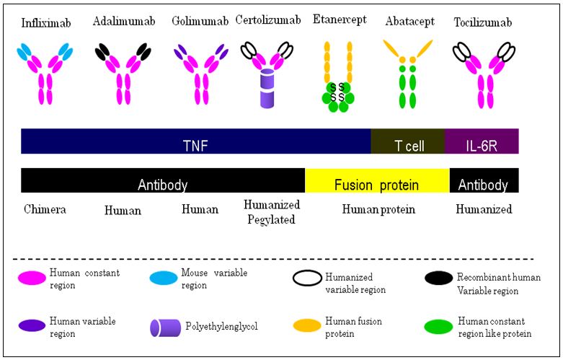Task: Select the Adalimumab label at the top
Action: [122, 21]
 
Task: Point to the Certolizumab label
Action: [267, 21]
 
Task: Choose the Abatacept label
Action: [409, 22]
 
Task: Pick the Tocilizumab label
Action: [483, 22]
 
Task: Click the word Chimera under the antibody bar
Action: [45, 210]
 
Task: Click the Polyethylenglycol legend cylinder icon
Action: [164, 327]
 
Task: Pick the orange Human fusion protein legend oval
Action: [309, 326]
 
